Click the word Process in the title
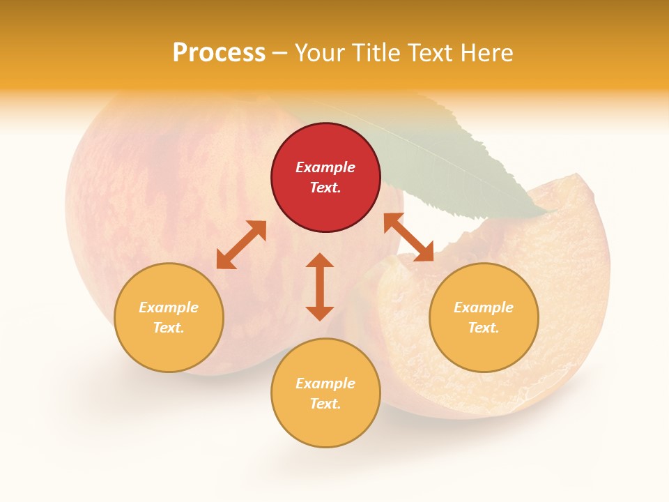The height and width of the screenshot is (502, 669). pyautogui.click(x=219, y=53)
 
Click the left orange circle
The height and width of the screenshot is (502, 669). pyautogui.click(x=169, y=317)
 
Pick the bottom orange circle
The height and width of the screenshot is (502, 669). pyautogui.click(x=325, y=393)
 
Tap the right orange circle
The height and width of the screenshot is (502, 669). pyautogui.click(x=484, y=317)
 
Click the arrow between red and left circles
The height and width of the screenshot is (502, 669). pyautogui.click(x=241, y=245)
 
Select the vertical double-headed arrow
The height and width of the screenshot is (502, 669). pyautogui.click(x=320, y=287)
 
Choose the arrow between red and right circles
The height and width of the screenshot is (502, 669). pyautogui.click(x=408, y=237)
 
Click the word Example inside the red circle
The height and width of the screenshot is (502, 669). pyautogui.click(x=325, y=167)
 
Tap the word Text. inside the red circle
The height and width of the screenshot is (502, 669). pyautogui.click(x=325, y=188)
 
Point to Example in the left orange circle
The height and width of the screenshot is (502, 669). pyautogui.click(x=169, y=307)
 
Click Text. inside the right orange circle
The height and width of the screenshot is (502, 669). pyautogui.click(x=484, y=328)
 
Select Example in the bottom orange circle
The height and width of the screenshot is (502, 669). pyautogui.click(x=325, y=383)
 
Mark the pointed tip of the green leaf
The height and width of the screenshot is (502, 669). pyautogui.click(x=549, y=211)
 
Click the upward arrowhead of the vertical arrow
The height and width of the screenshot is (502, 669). pyautogui.click(x=320, y=260)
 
